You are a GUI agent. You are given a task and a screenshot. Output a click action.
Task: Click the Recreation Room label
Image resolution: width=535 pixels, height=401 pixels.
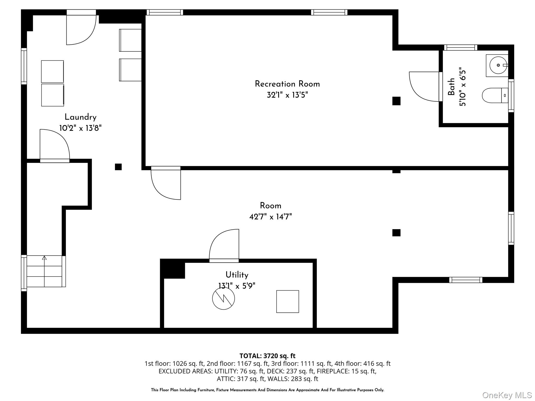point(287,84)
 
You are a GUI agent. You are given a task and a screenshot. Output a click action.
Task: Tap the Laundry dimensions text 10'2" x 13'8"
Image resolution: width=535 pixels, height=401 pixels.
point(80,128)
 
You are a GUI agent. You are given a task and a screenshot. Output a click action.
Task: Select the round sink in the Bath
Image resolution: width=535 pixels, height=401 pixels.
point(498,65)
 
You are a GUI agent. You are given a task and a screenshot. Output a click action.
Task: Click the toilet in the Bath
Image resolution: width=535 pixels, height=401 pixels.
point(494,95)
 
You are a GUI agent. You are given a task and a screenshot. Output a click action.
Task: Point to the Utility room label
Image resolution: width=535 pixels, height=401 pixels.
point(237,275)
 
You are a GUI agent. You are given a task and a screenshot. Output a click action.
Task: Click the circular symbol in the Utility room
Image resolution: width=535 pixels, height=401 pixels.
point(223,298)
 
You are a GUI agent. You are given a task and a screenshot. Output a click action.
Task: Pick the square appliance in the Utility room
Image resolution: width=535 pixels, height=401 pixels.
point(288,301)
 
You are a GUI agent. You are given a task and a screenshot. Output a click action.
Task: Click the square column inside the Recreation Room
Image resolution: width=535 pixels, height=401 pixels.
point(396,101)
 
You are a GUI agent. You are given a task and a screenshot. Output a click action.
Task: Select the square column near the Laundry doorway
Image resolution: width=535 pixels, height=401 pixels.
point(118,167)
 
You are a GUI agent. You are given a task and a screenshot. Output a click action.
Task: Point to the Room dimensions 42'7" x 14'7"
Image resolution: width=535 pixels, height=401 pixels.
point(270,217)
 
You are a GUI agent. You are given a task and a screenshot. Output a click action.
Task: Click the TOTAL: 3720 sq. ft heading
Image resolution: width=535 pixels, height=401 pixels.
point(267,356)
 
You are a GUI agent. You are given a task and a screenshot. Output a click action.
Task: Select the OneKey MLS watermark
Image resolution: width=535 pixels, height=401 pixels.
point(507,395)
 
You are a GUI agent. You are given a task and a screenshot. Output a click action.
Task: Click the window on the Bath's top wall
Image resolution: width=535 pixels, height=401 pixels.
point(461,48)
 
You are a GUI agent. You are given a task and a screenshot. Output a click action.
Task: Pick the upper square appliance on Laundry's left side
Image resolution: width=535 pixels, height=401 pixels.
point(52,72)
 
